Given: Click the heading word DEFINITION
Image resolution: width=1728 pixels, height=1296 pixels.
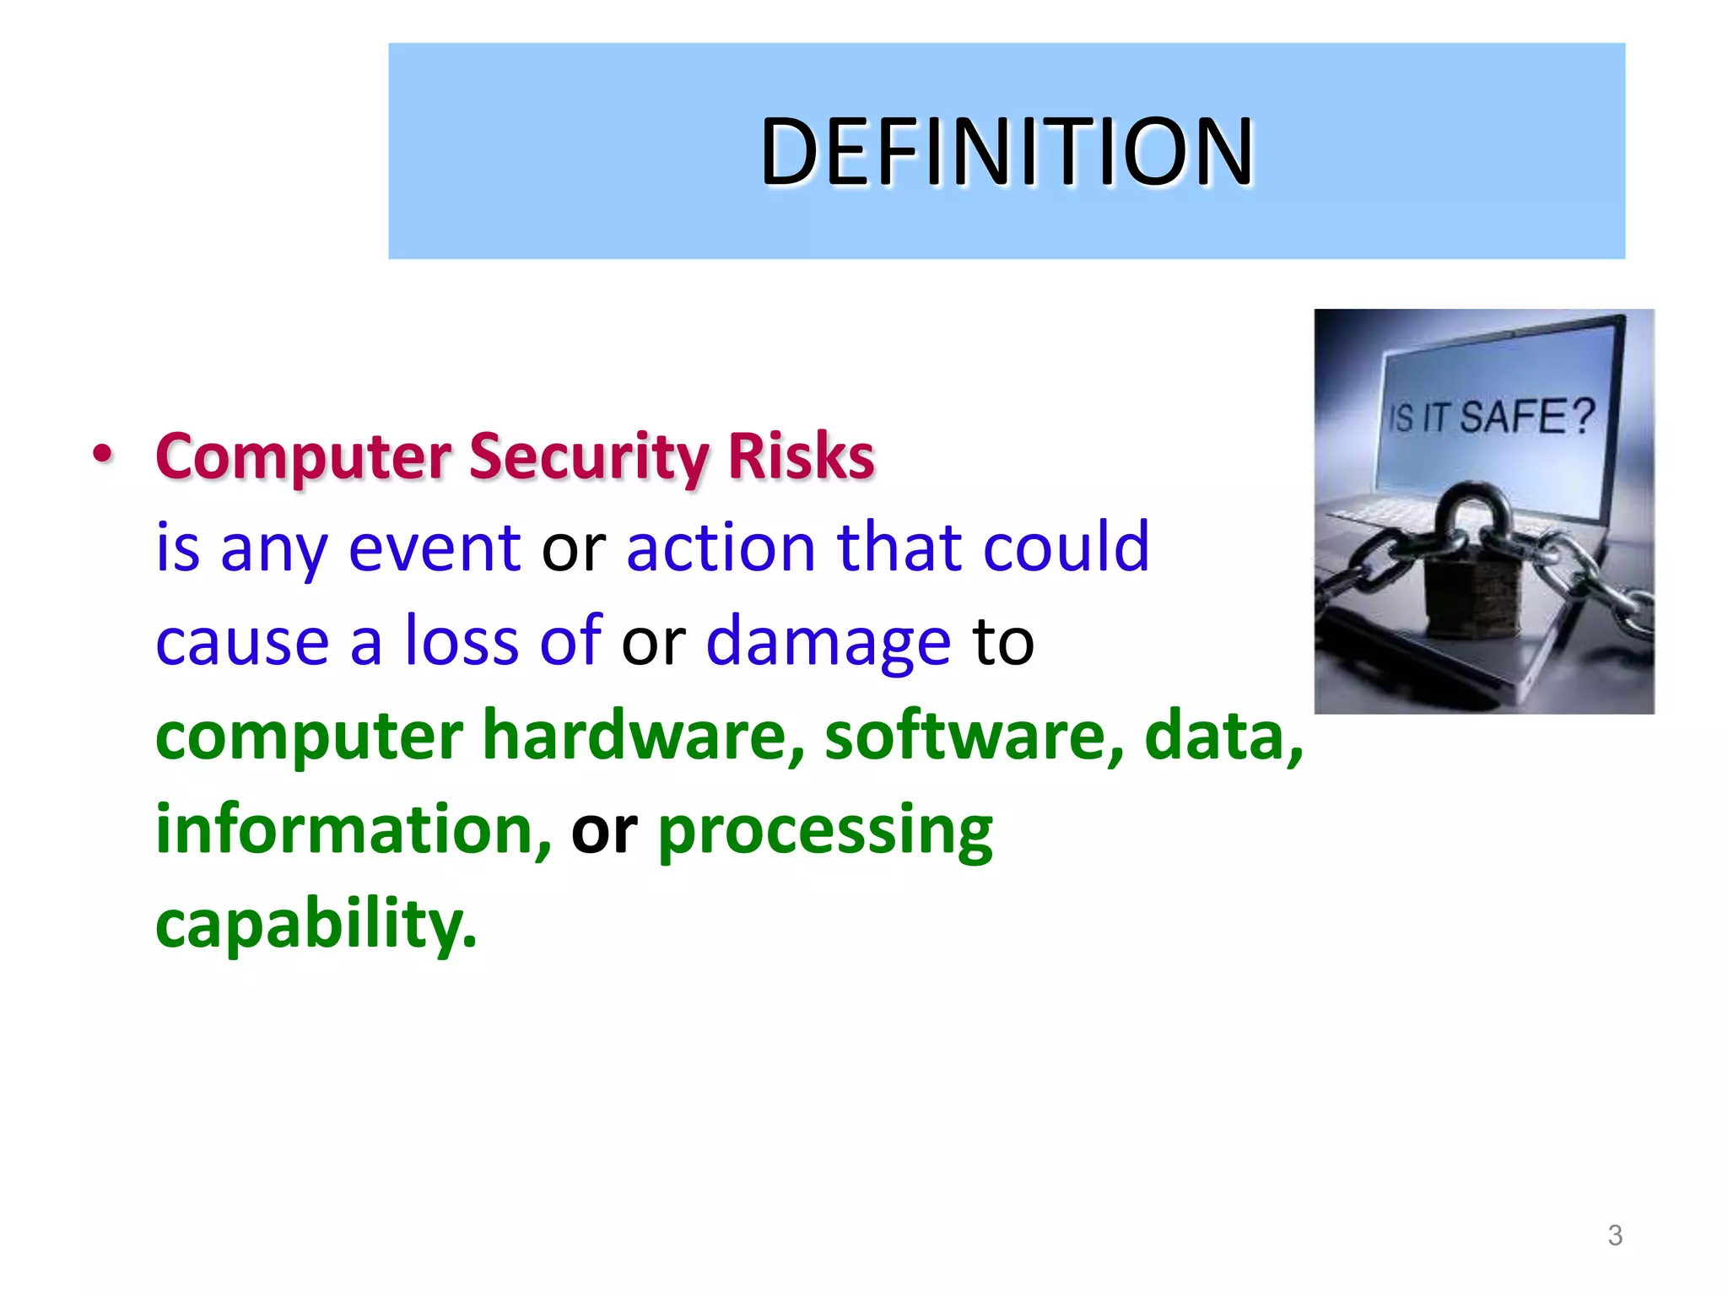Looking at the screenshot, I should pyautogui.click(x=1007, y=152).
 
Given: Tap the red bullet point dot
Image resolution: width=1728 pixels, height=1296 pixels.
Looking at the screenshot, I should pyautogui.click(x=102, y=455).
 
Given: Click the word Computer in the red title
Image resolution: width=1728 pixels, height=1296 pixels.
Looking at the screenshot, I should pyautogui.click(x=304, y=457).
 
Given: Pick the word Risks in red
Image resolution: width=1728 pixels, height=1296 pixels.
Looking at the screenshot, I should pyautogui.click(x=801, y=457).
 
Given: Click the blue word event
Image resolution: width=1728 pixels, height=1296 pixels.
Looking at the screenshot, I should pyautogui.click(x=435, y=548).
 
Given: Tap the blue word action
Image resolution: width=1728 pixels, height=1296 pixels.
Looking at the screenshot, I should pyautogui.click(x=721, y=548).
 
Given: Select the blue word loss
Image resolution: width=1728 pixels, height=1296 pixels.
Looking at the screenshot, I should pyautogui.click(x=461, y=641).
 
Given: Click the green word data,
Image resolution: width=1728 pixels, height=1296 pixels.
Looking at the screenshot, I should pyautogui.click(x=1223, y=736).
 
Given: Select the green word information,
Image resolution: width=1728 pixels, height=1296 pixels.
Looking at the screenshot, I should pyautogui.click(x=354, y=829).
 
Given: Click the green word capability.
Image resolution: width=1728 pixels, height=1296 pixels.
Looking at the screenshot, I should pyautogui.click(x=316, y=924).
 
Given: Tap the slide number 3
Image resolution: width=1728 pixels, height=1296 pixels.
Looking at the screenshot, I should pyautogui.click(x=1615, y=1236).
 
